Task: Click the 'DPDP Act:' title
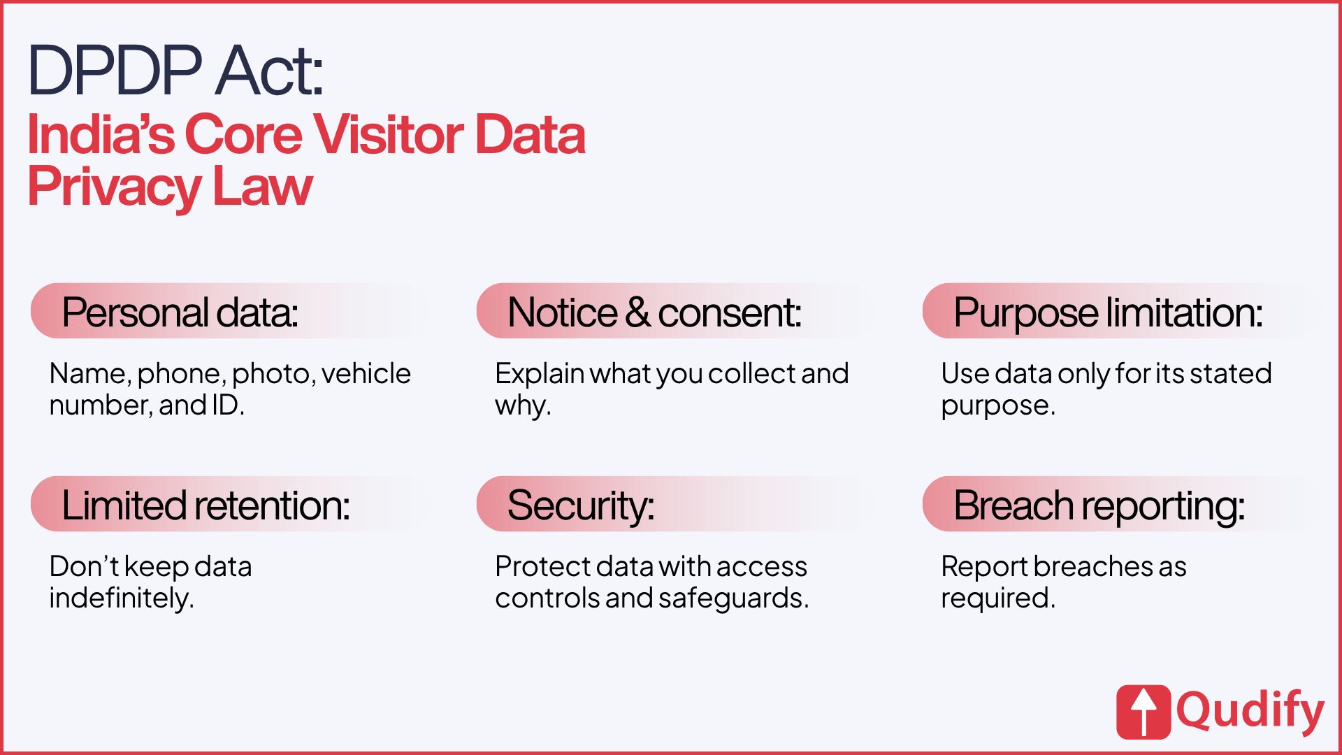pos(175,71)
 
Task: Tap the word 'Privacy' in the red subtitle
pos(115,187)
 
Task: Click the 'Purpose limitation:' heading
pos(1109,312)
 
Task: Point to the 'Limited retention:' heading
pos(206,505)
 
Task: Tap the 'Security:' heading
pos(581,506)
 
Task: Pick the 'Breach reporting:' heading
pos(1099,506)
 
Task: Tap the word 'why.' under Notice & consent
pos(524,406)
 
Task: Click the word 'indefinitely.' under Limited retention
pos(122,598)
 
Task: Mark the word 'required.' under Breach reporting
pos(998,599)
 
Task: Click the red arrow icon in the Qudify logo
pos(1143,712)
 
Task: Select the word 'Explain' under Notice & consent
pos(540,375)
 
